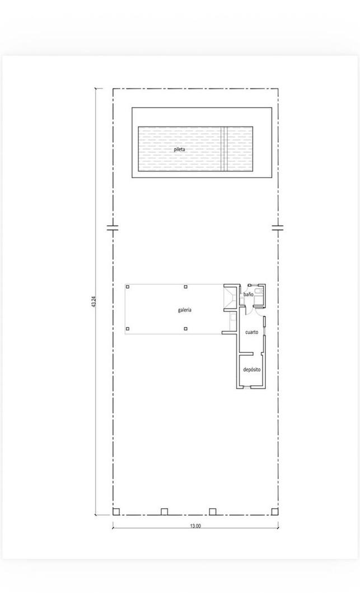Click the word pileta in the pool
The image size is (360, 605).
click(179, 149)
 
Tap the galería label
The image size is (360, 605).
click(185, 310)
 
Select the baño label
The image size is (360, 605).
click(248, 295)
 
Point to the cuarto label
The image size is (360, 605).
click(252, 332)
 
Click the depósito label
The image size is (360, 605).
click(252, 370)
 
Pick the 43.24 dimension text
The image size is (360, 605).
click(93, 301)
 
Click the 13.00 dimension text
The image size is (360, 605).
click(195, 525)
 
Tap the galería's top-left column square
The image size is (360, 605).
click(128, 287)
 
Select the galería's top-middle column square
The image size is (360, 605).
click(186, 287)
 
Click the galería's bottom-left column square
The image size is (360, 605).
click(128, 329)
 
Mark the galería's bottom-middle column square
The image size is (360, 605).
click(186, 329)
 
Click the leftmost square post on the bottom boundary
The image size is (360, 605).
click(116, 511)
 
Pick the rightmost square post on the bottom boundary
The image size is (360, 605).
click(274, 511)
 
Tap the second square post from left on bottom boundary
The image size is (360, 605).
click(164, 511)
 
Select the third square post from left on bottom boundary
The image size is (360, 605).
click(212, 511)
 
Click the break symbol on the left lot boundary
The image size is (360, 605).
click(113, 227)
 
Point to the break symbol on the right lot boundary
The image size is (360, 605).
click(278, 227)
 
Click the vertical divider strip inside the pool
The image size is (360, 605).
click(223, 148)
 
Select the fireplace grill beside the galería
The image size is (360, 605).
click(231, 297)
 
